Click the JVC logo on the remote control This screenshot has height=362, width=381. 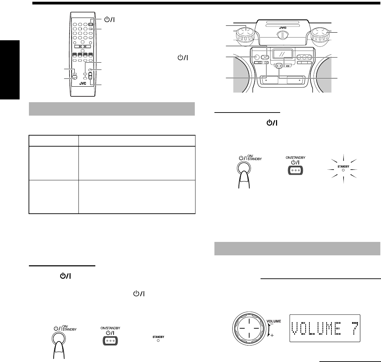coord(83,83)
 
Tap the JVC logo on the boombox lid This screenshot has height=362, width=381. coord(283,28)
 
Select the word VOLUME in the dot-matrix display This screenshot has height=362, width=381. coord(316,328)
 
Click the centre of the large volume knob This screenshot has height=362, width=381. coord(249,328)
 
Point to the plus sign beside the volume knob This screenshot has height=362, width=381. coord(272,335)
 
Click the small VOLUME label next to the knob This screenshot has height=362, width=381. coord(274,321)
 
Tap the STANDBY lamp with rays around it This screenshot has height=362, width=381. coord(343,170)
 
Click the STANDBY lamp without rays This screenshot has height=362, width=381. coord(158,340)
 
